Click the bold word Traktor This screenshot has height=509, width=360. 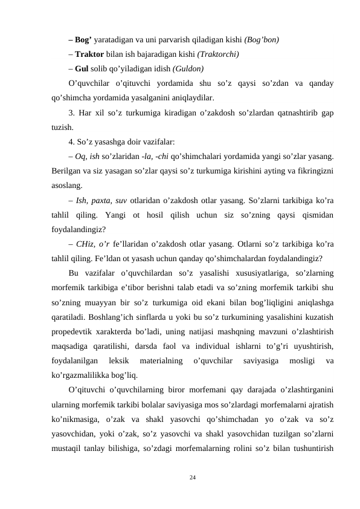point(89,54)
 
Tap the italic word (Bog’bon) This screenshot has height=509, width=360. point(262,40)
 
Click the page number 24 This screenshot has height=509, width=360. point(193,478)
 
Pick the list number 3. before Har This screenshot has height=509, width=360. point(72,113)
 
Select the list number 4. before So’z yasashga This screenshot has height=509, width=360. point(72,143)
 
